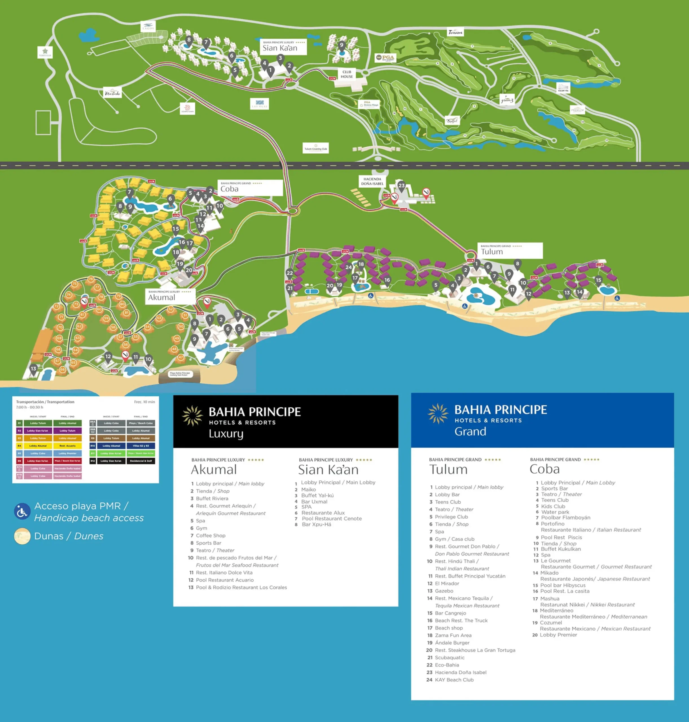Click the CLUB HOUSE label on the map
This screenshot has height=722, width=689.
point(347,74)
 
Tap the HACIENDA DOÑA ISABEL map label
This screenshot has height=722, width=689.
point(372,181)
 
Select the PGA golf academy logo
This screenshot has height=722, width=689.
point(385,58)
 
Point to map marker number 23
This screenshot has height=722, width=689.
point(401,186)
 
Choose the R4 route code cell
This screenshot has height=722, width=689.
point(19,446)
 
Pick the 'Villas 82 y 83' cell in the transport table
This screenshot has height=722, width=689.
point(141,446)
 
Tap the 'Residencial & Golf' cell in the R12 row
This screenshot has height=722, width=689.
point(141,461)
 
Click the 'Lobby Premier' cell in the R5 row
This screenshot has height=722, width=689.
point(68,453)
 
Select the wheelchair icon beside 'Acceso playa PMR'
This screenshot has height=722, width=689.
point(22,511)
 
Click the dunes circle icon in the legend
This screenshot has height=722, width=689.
point(22,536)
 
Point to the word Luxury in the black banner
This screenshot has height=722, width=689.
point(226,433)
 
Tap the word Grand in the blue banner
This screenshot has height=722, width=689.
point(470,431)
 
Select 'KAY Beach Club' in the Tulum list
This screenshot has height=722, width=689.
point(454,680)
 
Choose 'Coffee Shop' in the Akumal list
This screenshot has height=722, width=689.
point(210,536)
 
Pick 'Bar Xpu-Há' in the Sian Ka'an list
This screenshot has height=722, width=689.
point(316,525)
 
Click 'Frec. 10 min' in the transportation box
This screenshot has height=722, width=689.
point(144,402)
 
